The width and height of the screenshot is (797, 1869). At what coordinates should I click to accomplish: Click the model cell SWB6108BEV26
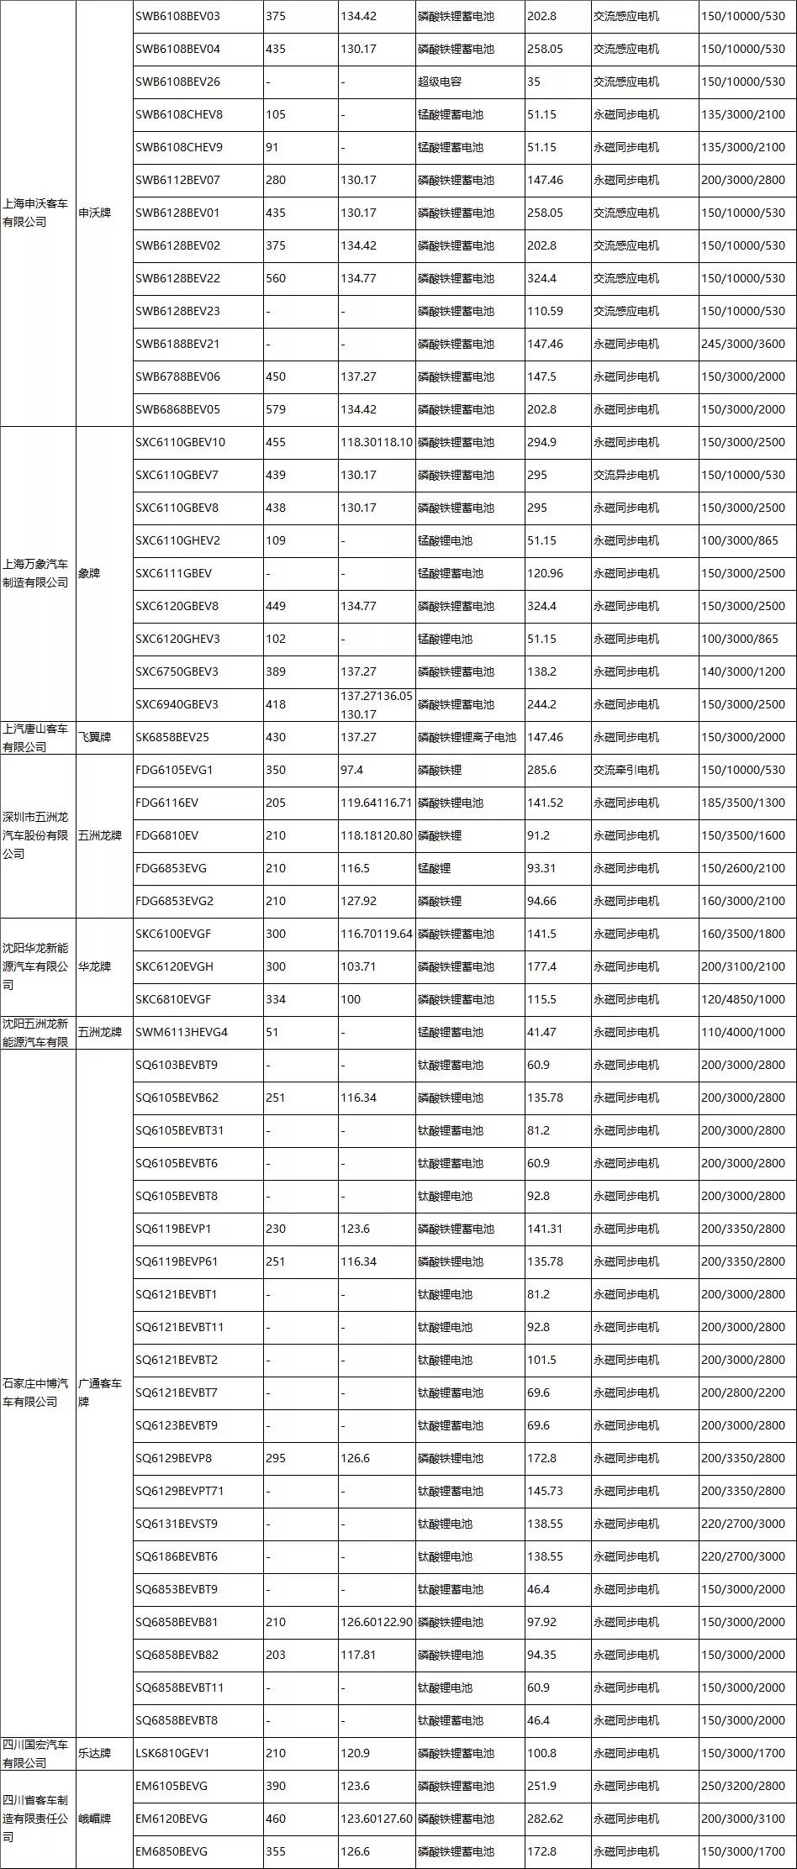point(177,82)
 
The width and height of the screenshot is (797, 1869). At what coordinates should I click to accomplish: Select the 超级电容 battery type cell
point(440,82)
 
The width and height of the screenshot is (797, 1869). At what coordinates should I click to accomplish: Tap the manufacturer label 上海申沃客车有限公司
point(35,213)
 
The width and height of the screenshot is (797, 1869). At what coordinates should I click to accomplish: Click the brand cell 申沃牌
point(94,213)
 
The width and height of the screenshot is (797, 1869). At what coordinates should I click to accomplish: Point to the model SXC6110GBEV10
point(180,442)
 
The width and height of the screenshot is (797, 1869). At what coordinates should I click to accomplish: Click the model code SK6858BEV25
point(172,737)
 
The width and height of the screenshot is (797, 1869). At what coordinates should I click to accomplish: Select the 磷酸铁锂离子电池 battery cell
point(467,737)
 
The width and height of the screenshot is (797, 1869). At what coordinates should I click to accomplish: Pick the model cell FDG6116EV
point(166,803)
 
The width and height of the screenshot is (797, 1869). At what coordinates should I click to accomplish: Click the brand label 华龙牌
point(94,966)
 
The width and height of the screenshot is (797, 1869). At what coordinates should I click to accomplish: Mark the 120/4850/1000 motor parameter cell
point(742,999)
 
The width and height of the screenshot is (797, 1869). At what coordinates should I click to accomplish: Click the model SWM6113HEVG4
point(182,1032)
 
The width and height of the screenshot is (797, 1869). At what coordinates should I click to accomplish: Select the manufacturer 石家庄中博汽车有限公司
point(35,1393)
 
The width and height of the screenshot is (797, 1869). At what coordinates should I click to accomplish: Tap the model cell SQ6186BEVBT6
point(177,1556)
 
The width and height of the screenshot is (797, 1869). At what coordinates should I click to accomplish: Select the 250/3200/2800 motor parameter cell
point(742,1786)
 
